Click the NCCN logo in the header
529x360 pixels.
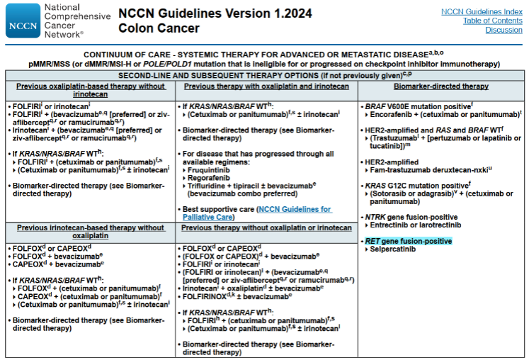(23, 20)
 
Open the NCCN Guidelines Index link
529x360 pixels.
(482, 11)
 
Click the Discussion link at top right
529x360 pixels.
(504, 30)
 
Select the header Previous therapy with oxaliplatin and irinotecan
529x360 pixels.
(266, 86)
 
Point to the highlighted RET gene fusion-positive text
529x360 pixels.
(408, 241)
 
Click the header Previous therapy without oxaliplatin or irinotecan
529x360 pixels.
(266, 227)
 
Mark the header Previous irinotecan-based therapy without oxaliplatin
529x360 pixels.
(91, 232)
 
